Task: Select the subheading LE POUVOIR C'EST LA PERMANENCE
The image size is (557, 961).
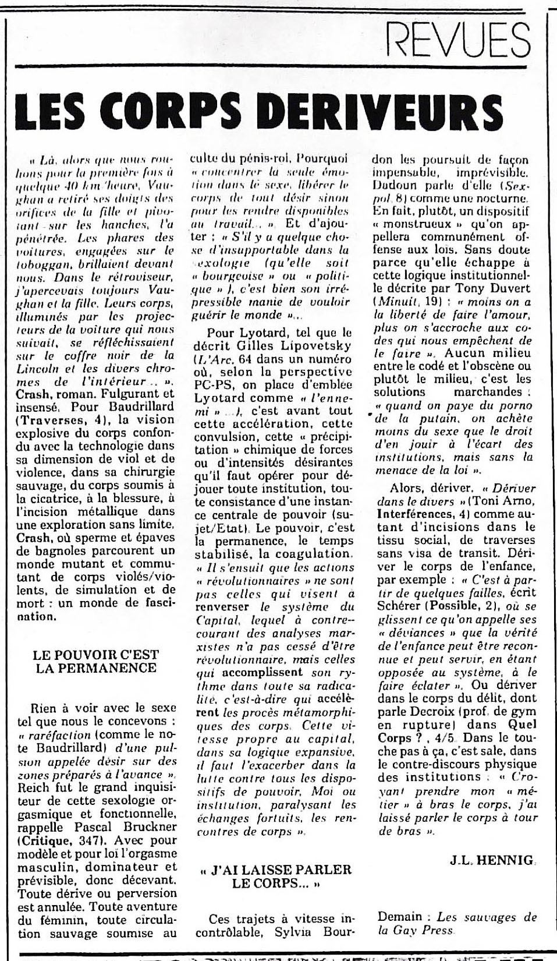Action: coord(95,660)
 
